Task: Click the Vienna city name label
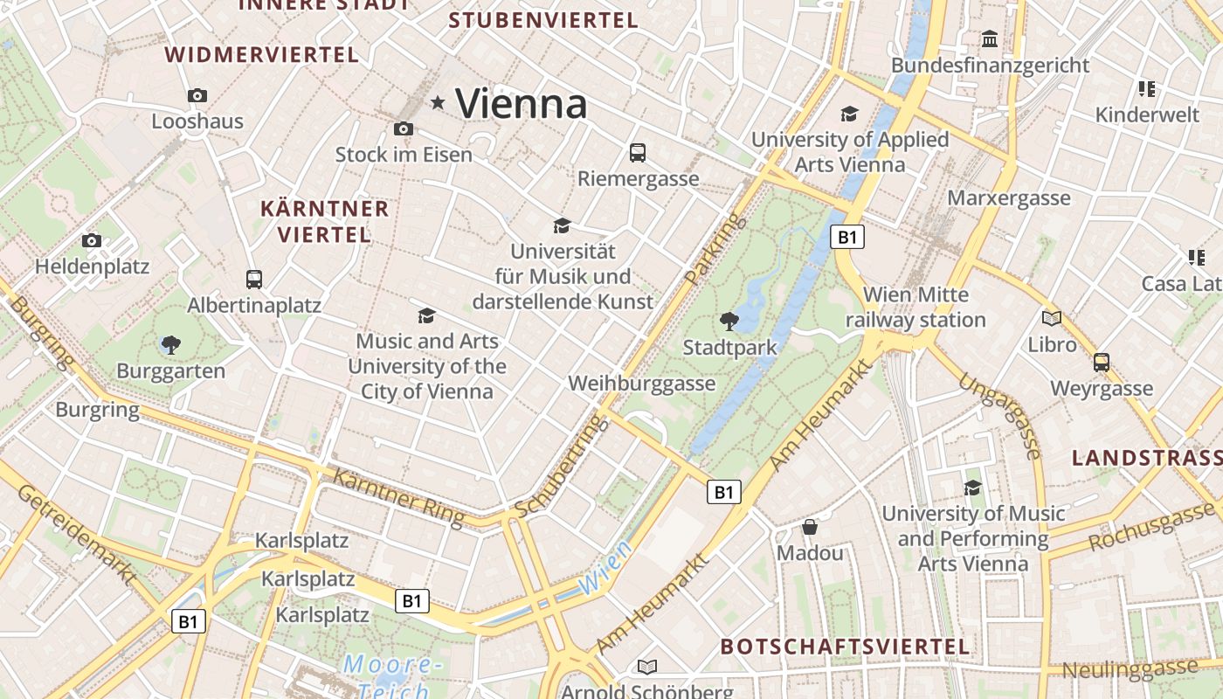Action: tap(522, 104)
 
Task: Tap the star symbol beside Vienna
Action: tap(438, 103)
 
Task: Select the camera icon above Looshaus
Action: tap(197, 95)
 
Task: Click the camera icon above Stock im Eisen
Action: tap(403, 128)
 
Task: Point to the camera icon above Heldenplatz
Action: tap(92, 240)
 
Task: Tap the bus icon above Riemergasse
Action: tap(638, 153)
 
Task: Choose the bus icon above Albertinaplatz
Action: tap(254, 280)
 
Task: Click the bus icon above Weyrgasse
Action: tap(1102, 362)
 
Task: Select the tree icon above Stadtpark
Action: tap(729, 322)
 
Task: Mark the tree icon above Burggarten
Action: tap(171, 345)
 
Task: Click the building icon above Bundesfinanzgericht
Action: tap(990, 39)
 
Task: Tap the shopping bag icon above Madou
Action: tap(810, 527)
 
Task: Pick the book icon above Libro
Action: tap(1052, 318)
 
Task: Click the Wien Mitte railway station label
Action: tap(916, 308)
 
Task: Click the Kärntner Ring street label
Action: tap(398, 497)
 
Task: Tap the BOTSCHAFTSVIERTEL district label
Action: tap(845, 647)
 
